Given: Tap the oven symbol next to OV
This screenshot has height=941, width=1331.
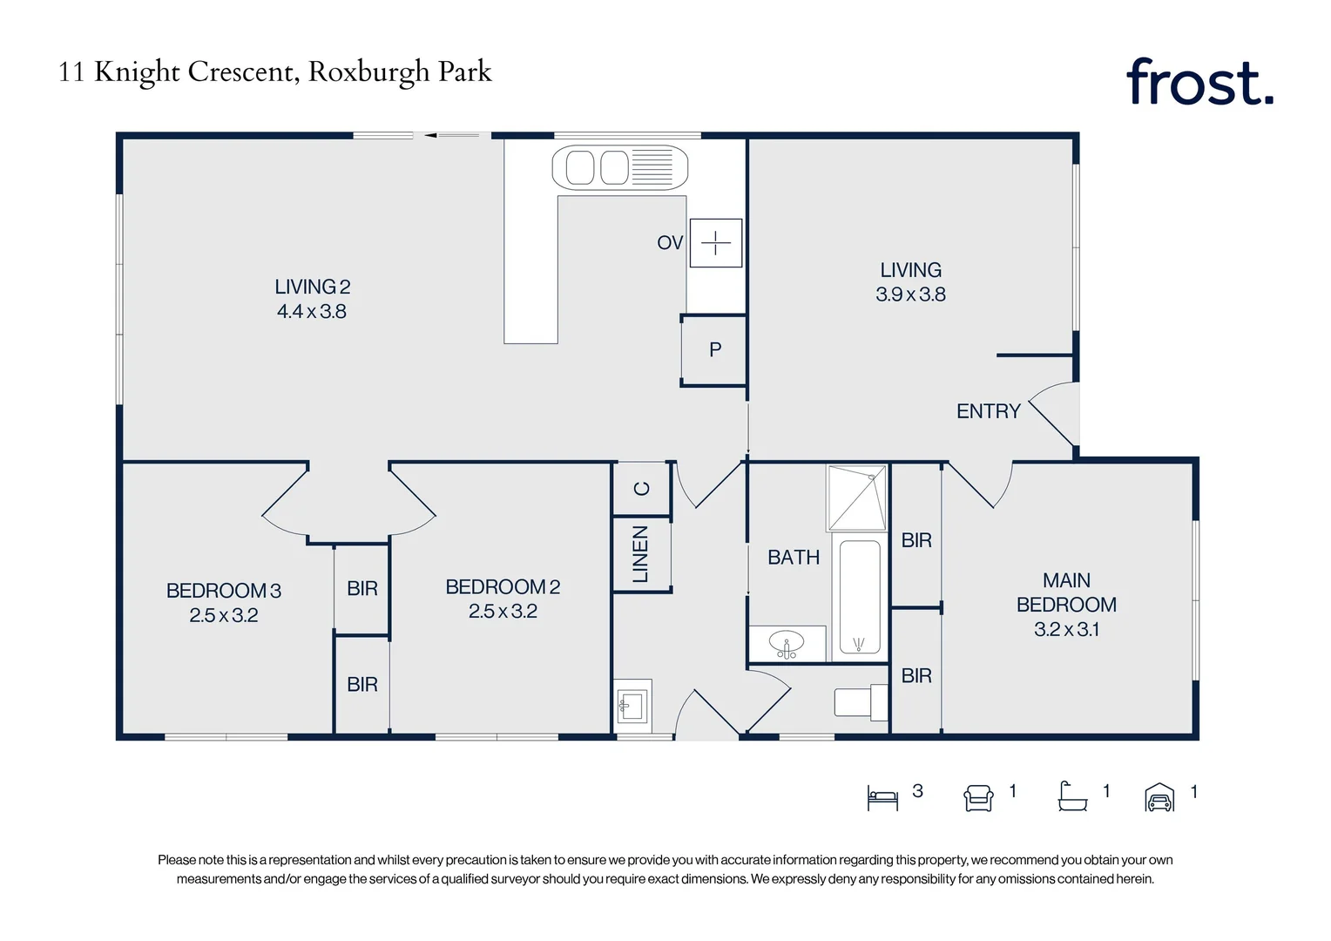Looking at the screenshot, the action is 715,242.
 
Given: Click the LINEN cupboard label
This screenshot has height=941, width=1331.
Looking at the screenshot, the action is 640,553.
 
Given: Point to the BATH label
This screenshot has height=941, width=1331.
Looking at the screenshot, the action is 794,557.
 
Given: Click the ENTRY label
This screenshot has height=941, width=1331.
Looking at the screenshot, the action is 988,410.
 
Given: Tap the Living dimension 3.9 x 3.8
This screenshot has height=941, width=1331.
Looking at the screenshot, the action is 910,294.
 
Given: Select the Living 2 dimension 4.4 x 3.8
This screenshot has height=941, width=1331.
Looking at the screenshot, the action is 311,311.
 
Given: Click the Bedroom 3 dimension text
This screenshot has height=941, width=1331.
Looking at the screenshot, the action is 223,614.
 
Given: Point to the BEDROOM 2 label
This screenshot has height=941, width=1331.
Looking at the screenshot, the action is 503,586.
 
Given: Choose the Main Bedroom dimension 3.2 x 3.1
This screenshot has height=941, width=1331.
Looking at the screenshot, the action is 1066,629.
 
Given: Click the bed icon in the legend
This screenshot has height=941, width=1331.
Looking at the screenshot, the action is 882,798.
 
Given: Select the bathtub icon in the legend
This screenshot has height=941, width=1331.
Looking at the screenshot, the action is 1072,796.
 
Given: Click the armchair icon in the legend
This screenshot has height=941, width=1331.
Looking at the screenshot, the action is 978,798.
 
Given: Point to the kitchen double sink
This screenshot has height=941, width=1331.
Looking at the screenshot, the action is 619,167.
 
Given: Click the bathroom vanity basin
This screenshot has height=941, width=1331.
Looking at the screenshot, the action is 786,644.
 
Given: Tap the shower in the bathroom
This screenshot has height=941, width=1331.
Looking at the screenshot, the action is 856,498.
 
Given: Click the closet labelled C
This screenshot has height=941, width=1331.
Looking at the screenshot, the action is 642,488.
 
